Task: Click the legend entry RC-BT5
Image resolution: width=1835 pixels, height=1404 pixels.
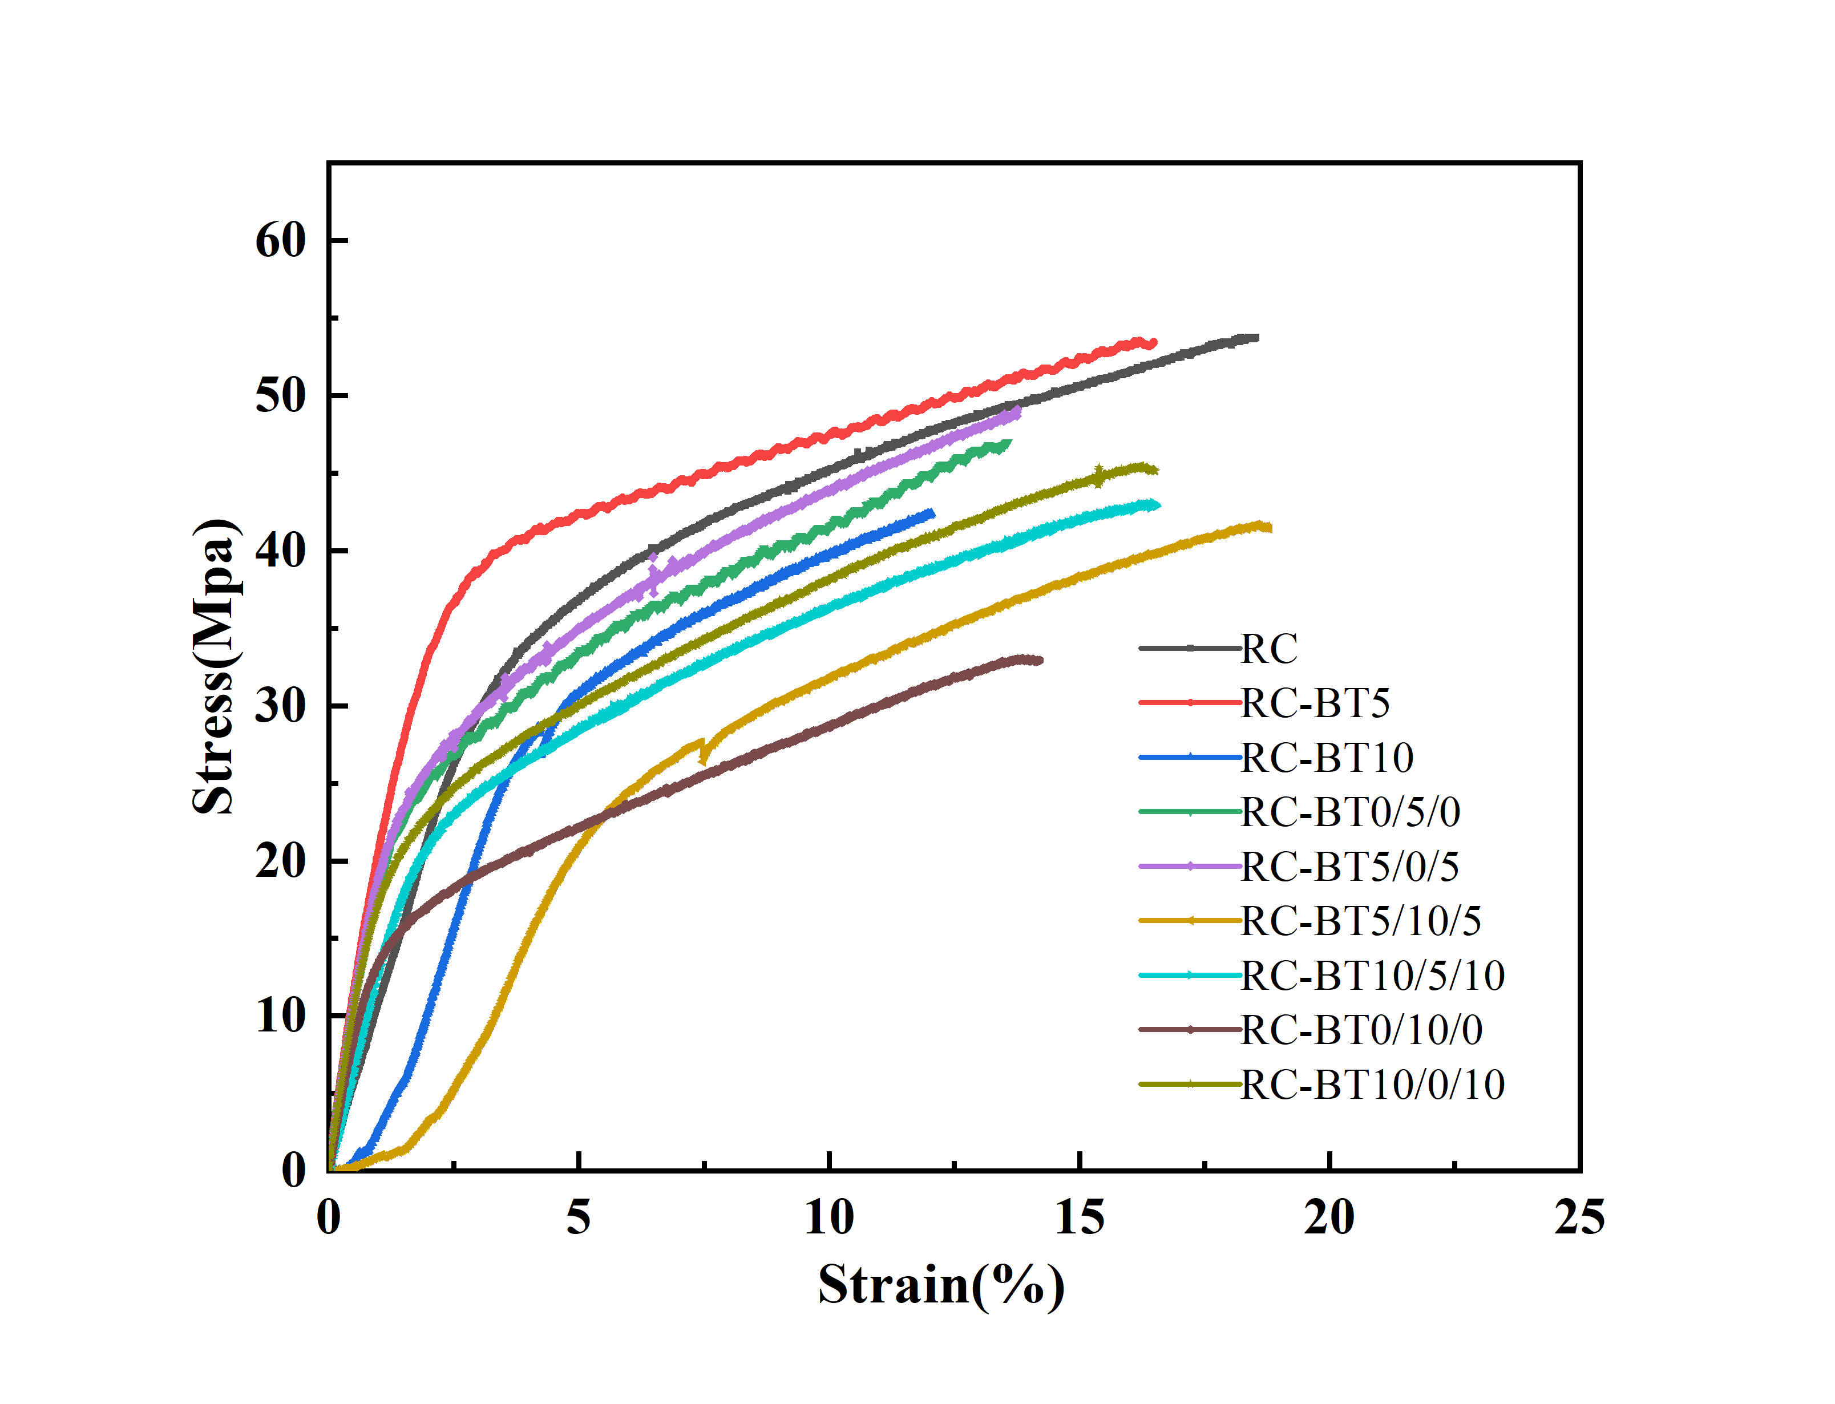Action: tap(1315, 703)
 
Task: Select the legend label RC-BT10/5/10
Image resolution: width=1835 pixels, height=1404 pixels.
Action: tap(1372, 976)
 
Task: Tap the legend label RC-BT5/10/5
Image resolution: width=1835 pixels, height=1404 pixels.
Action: tap(1360, 921)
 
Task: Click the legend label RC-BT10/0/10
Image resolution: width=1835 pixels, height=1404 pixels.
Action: tap(1372, 1085)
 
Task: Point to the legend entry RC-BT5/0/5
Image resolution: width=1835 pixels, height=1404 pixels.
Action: tap(1349, 867)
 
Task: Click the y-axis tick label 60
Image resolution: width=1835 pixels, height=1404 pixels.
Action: tap(280, 241)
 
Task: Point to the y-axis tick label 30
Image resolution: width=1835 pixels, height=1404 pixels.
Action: tap(280, 706)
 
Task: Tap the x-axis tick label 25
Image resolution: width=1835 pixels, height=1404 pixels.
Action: tap(1578, 1217)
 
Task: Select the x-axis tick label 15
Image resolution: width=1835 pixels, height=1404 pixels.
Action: tap(1079, 1217)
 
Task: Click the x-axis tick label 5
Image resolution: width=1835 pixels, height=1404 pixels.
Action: tap(578, 1217)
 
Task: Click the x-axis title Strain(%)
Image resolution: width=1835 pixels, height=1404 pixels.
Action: tap(941, 1285)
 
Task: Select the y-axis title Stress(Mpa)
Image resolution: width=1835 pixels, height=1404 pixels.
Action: tap(214, 666)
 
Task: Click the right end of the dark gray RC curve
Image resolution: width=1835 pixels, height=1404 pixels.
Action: tap(1255, 338)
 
